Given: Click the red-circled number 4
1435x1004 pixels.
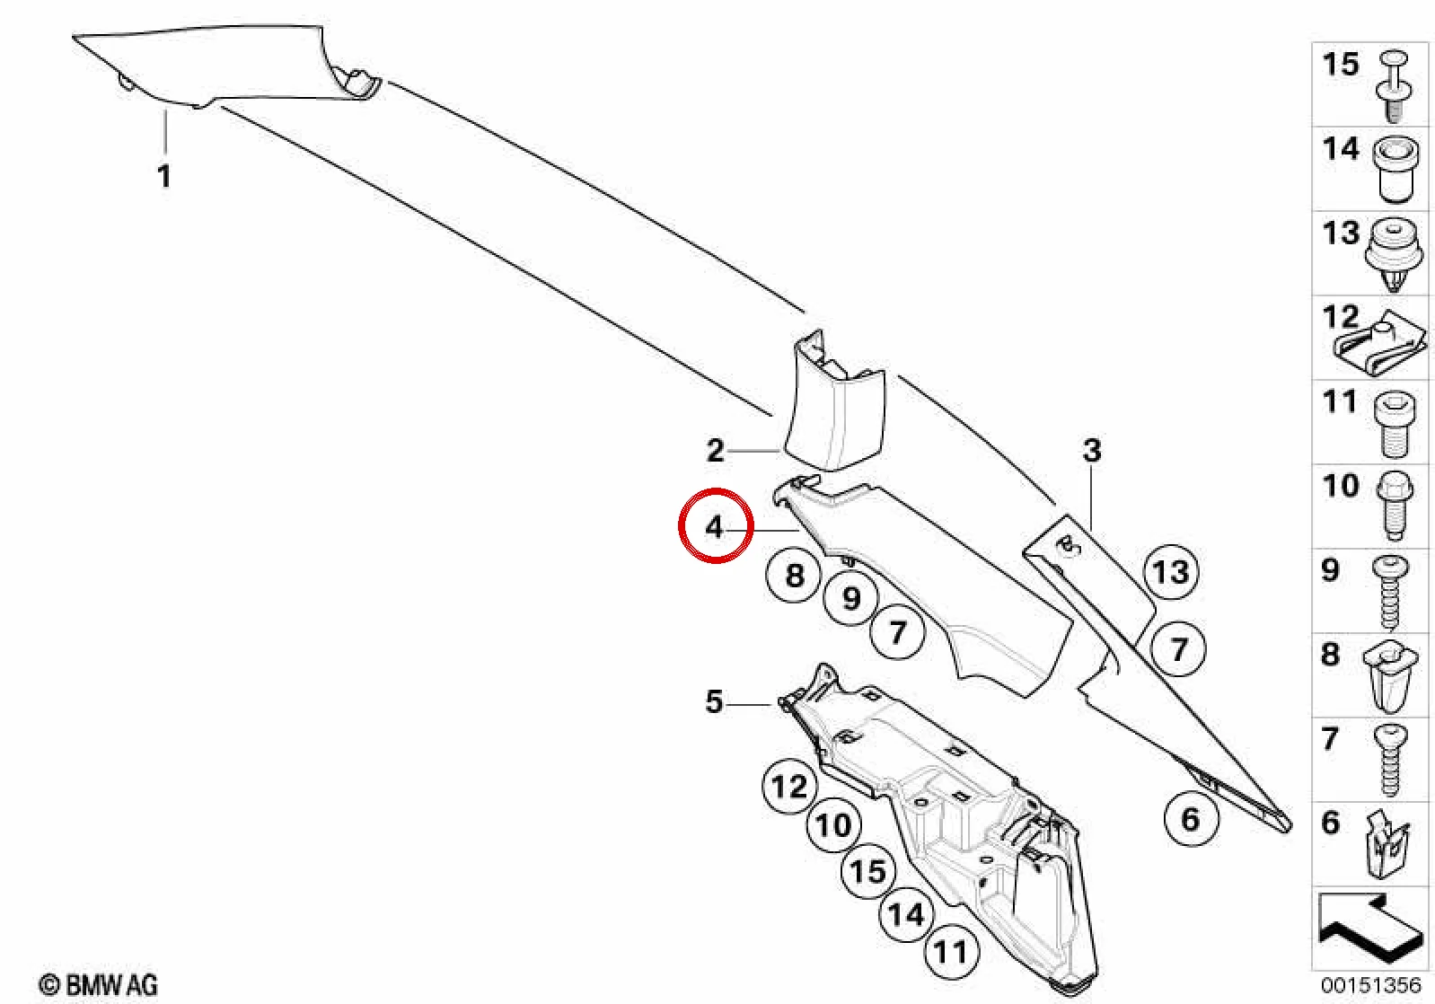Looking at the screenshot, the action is coord(714,526).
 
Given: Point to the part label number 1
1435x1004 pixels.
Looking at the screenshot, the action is coord(164,175).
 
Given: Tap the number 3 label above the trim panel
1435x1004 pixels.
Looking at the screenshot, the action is coord(1092,451).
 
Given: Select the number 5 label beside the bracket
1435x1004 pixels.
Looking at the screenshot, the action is coord(714,701).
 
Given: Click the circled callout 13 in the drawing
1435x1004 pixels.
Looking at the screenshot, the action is coord(1171,571).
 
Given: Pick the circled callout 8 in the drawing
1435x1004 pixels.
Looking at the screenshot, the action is coord(795,575).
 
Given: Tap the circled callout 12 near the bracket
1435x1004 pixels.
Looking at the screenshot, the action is coord(789,786).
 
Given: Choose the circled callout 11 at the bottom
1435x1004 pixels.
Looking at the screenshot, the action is coord(951,953).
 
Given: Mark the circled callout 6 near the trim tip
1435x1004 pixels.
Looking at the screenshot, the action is coord(1190,819).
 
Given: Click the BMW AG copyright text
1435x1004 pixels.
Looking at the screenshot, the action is coord(99,985).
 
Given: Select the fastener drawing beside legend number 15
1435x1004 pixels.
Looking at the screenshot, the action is coord(1392,92).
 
